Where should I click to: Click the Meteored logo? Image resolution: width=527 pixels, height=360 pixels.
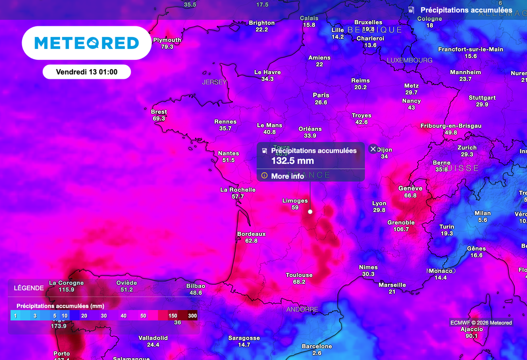(86, 43)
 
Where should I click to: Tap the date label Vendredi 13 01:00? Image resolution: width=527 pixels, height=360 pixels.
(86, 72)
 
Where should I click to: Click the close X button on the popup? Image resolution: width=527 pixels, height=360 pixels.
(374, 149)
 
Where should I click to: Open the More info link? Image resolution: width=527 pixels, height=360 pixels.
(287, 176)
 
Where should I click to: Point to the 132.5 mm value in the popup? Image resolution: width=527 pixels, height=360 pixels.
(292, 161)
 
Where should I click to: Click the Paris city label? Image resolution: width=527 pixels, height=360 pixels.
(321, 95)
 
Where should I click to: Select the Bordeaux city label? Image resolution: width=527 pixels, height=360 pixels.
(251, 234)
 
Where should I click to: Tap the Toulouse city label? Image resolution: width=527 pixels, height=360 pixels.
(299, 276)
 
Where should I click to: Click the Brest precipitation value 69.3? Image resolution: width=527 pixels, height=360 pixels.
(159, 118)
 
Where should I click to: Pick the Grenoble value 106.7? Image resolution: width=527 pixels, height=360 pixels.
(401, 229)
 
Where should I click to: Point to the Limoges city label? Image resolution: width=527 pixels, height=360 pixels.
(295, 201)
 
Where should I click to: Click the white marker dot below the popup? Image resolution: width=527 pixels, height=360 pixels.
(310, 211)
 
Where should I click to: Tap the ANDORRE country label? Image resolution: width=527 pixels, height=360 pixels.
(302, 310)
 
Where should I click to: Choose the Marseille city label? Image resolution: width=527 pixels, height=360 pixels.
(392, 285)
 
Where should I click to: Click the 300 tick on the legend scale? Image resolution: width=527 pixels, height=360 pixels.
(192, 315)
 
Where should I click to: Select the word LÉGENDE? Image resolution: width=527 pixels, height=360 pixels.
(29, 288)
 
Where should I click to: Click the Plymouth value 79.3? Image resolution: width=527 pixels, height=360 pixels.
(167, 47)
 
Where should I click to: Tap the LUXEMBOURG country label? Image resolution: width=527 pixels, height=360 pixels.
(410, 60)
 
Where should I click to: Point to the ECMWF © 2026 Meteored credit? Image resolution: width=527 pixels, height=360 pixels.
(481, 323)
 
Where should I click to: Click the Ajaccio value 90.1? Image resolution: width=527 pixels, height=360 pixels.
(471, 336)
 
